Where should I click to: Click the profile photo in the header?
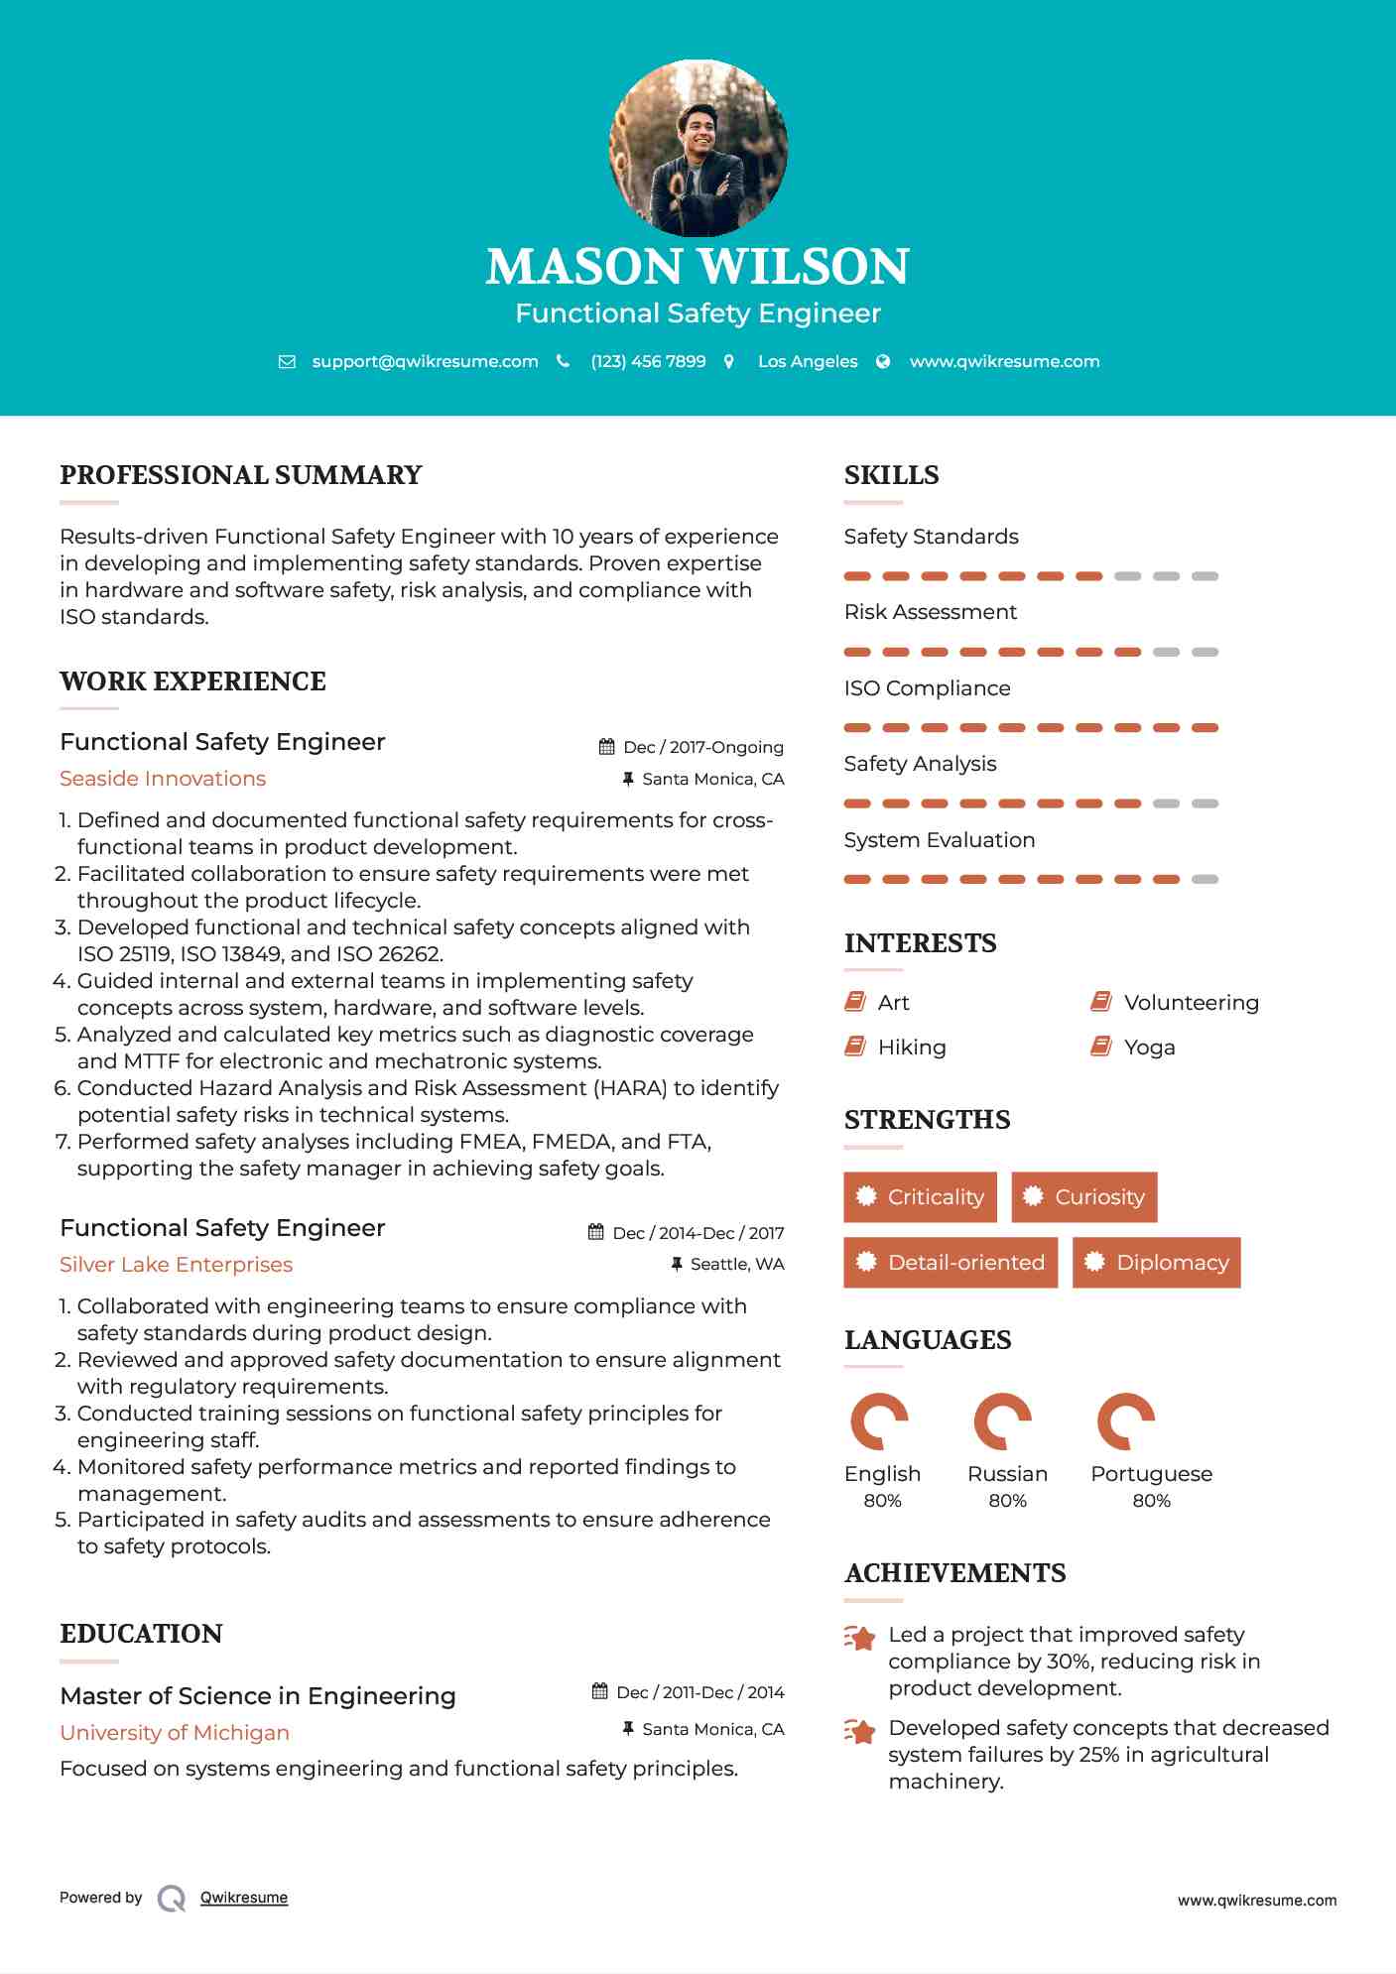(x=698, y=149)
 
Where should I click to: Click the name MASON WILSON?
(x=698, y=267)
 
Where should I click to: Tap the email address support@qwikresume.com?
(x=425, y=361)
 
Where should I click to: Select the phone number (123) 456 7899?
(x=648, y=361)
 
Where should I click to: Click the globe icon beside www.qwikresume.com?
(x=883, y=362)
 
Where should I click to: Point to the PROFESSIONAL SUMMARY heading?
(x=241, y=475)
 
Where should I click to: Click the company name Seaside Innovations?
(x=163, y=779)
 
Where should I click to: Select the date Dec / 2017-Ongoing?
(x=702, y=747)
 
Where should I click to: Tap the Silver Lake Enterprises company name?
(x=176, y=1265)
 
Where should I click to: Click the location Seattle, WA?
(x=736, y=1264)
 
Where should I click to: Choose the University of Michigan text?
(x=175, y=1733)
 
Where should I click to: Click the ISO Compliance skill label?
(x=927, y=688)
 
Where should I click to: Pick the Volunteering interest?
(x=1191, y=1003)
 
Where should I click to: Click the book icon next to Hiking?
(x=854, y=1047)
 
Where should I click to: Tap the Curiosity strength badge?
(x=1083, y=1197)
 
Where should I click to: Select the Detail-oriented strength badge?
(x=951, y=1263)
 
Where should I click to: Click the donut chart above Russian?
(x=1003, y=1421)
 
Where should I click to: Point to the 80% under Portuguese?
(x=1151, y=1501)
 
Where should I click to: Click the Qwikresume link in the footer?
(x=244, y=1898)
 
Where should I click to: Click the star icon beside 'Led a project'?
(x=859, y=1638)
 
